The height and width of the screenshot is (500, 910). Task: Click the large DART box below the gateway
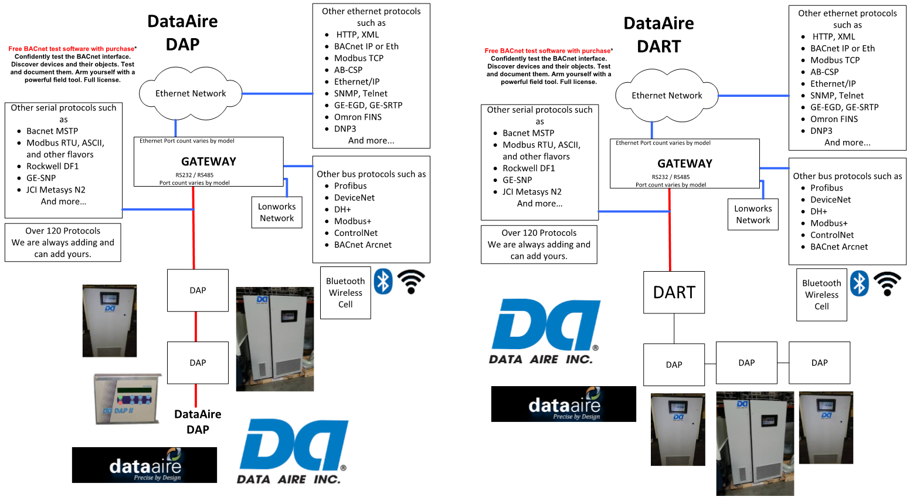(x=674, y=292)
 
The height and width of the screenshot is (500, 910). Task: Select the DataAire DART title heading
(x=658, y=35)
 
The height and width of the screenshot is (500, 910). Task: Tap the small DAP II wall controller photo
(x=127, y=399)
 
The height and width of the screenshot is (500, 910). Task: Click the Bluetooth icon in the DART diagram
(x=859, y=283)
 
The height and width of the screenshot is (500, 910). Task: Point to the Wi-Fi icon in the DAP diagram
(x=411, y=282)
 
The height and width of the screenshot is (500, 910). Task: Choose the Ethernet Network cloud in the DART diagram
(x=667, y=96)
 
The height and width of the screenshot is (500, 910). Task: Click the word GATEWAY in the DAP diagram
(x=208, y=161)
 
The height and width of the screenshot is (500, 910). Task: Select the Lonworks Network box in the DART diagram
(x=753, y=214)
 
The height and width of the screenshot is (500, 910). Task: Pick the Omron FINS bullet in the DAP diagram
(x=358, y=117)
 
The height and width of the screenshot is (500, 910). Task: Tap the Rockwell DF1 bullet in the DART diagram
(x=528, y=168)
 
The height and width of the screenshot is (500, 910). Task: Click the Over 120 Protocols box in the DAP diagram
(x=63, y=242)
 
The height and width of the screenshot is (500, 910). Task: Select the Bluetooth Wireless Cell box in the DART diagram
(x=821, y=295)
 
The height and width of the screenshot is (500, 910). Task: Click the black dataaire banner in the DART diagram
(x=563, y=404)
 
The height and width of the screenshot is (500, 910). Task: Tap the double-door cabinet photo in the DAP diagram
(x=274, y=339)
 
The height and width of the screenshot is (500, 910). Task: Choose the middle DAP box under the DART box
(x=746, y=363)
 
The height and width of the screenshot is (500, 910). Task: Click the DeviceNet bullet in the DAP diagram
(x=354, y=198)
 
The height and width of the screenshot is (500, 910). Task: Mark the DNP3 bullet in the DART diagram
(x=821, y=131)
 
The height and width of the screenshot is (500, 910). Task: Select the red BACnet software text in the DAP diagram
(x=71, y=49)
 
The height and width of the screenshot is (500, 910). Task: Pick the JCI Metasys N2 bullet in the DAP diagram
(x=56, y=190)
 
